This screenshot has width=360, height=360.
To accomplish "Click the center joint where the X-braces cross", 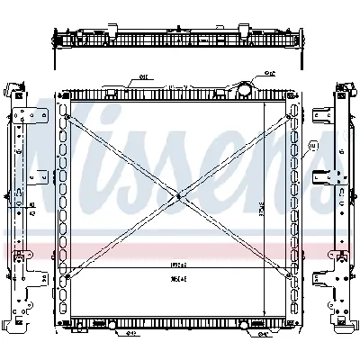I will coord(179,197).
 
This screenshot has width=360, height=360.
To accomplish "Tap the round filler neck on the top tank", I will coord(243,88).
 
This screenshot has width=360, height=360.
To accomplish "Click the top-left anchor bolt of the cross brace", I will coord(68,117).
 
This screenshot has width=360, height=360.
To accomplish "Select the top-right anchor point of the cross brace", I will coord(290,117).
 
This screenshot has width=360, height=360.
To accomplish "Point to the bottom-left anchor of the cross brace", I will coord(68,278).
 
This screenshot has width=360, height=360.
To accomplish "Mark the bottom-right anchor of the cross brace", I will coord(290,278).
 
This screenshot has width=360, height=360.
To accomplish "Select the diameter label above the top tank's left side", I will coord(144,77).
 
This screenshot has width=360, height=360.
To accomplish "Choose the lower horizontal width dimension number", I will coord(178,280).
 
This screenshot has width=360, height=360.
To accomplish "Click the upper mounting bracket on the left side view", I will coord(29,117).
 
